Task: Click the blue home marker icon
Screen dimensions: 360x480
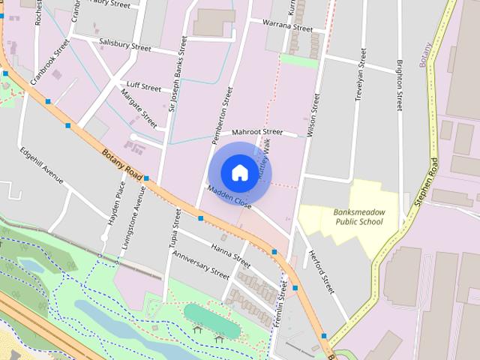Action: (x=239, y=172)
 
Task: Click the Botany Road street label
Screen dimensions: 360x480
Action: (x=121, y=163)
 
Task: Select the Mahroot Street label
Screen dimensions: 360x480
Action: (x=257, y=132)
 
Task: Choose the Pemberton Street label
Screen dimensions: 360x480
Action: (x=223, y=116)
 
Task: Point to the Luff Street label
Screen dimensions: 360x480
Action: (x=145, y=87)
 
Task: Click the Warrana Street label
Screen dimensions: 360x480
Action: (x=288, y=26)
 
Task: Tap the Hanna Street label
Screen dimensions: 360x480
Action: (x=230, y=255)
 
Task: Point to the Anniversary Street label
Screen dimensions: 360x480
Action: (x=200, y=265)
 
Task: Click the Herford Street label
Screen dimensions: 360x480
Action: (x=319, y=271)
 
